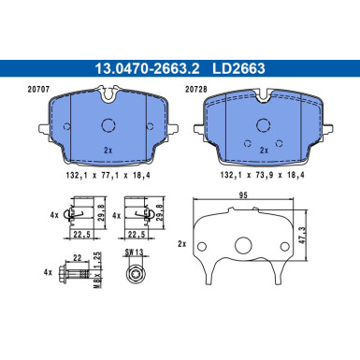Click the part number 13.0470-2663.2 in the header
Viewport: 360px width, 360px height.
(147, 68)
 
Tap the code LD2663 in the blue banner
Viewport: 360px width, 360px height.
(238, 68)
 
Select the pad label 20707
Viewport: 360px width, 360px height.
(38, 90)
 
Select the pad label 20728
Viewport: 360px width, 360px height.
(196, 90)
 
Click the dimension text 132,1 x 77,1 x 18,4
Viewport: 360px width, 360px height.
(108, 176)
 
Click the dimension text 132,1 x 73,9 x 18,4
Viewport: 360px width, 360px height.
(262, 175)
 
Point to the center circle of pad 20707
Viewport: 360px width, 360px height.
(108, 125)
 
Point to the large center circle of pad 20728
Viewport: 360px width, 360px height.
(263, 125)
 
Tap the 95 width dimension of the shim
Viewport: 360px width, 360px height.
(243, 195)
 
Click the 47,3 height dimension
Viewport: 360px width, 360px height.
(302, 235)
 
